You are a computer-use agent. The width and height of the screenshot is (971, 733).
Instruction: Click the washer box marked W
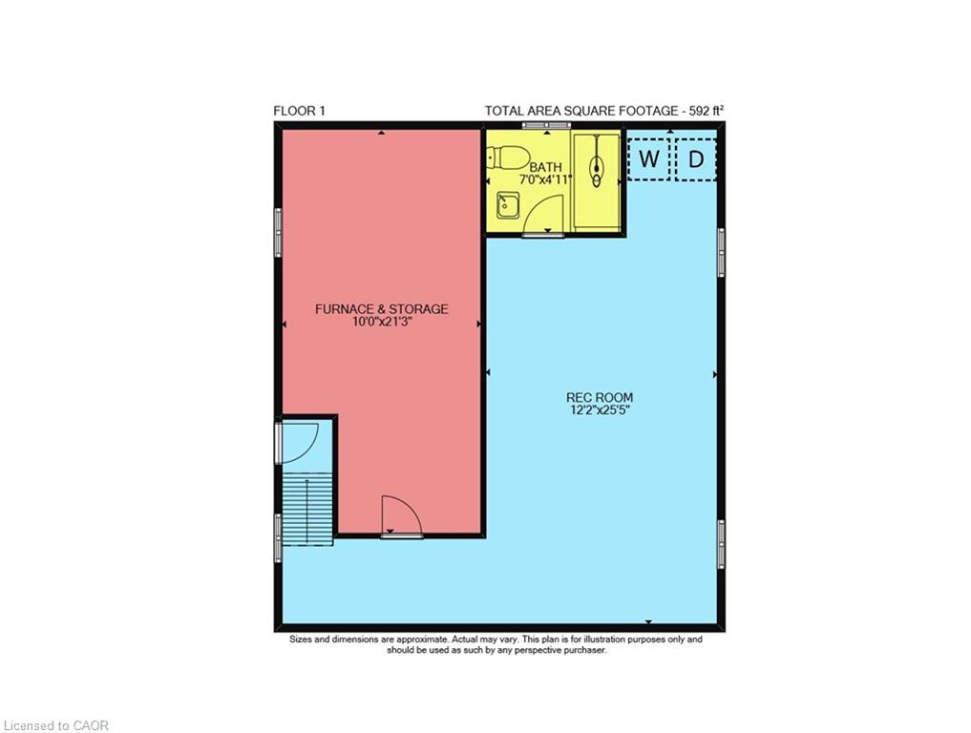coord(649,159)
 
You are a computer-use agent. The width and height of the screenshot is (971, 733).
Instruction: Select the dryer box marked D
coord(696,159)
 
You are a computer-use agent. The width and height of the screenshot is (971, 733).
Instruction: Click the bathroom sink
coord(508,205)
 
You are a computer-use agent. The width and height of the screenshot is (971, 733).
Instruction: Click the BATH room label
coord(545,167)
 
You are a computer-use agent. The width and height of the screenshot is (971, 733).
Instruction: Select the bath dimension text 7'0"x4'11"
coord(545,179)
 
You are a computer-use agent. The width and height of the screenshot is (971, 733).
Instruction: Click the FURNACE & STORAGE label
coord(382,309)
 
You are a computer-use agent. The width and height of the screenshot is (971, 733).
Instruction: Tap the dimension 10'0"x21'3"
coord(382,322)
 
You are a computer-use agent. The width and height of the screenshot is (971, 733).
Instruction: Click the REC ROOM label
coord(600,397)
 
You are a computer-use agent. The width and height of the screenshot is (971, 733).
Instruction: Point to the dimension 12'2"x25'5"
coord(600,409)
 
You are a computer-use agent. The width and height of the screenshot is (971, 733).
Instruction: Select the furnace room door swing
coord(402,515)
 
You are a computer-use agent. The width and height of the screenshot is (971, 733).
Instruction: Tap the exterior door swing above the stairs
coord(301,443)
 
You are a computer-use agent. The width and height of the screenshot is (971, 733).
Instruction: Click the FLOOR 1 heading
coord(299,111)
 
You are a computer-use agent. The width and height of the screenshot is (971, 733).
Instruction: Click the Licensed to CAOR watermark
coord(55,725)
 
